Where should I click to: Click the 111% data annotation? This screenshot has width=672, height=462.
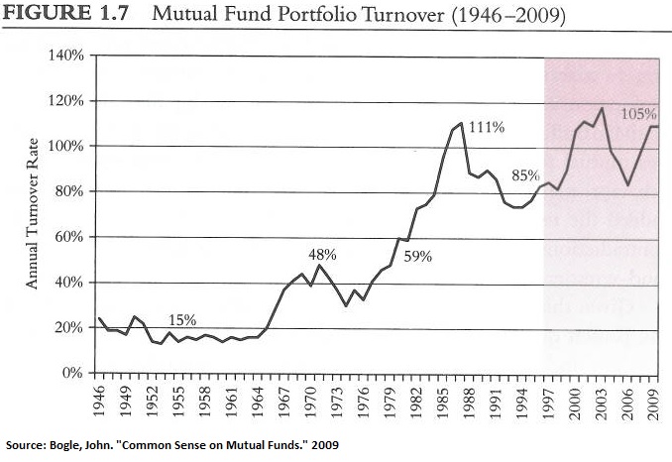[487, 128]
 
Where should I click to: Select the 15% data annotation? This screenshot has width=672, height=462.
[181, 319]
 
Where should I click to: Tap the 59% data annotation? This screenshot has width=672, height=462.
[416, 257]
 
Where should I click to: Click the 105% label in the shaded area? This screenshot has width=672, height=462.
[638, 114]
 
